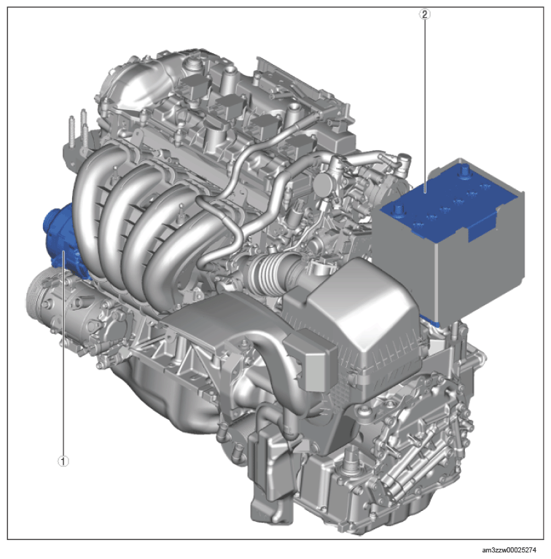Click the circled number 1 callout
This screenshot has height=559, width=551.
63,461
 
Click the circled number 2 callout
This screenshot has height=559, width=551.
424,15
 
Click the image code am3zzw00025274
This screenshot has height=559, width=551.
509,550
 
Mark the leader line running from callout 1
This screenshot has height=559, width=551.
63,353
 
